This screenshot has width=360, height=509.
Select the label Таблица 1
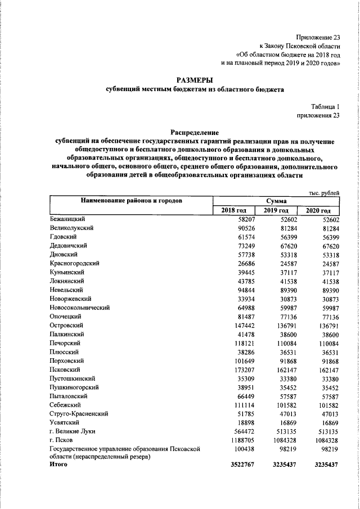pos(326,106)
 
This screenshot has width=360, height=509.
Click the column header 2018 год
pos(233,210)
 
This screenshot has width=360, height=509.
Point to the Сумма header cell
pos(276,200)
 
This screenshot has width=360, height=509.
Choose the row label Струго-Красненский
pos(78,413)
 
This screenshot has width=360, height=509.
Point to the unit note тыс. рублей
pos(325,193)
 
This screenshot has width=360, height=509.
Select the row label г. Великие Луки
pos(72,430)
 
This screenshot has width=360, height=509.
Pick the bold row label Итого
pos(58,464)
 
